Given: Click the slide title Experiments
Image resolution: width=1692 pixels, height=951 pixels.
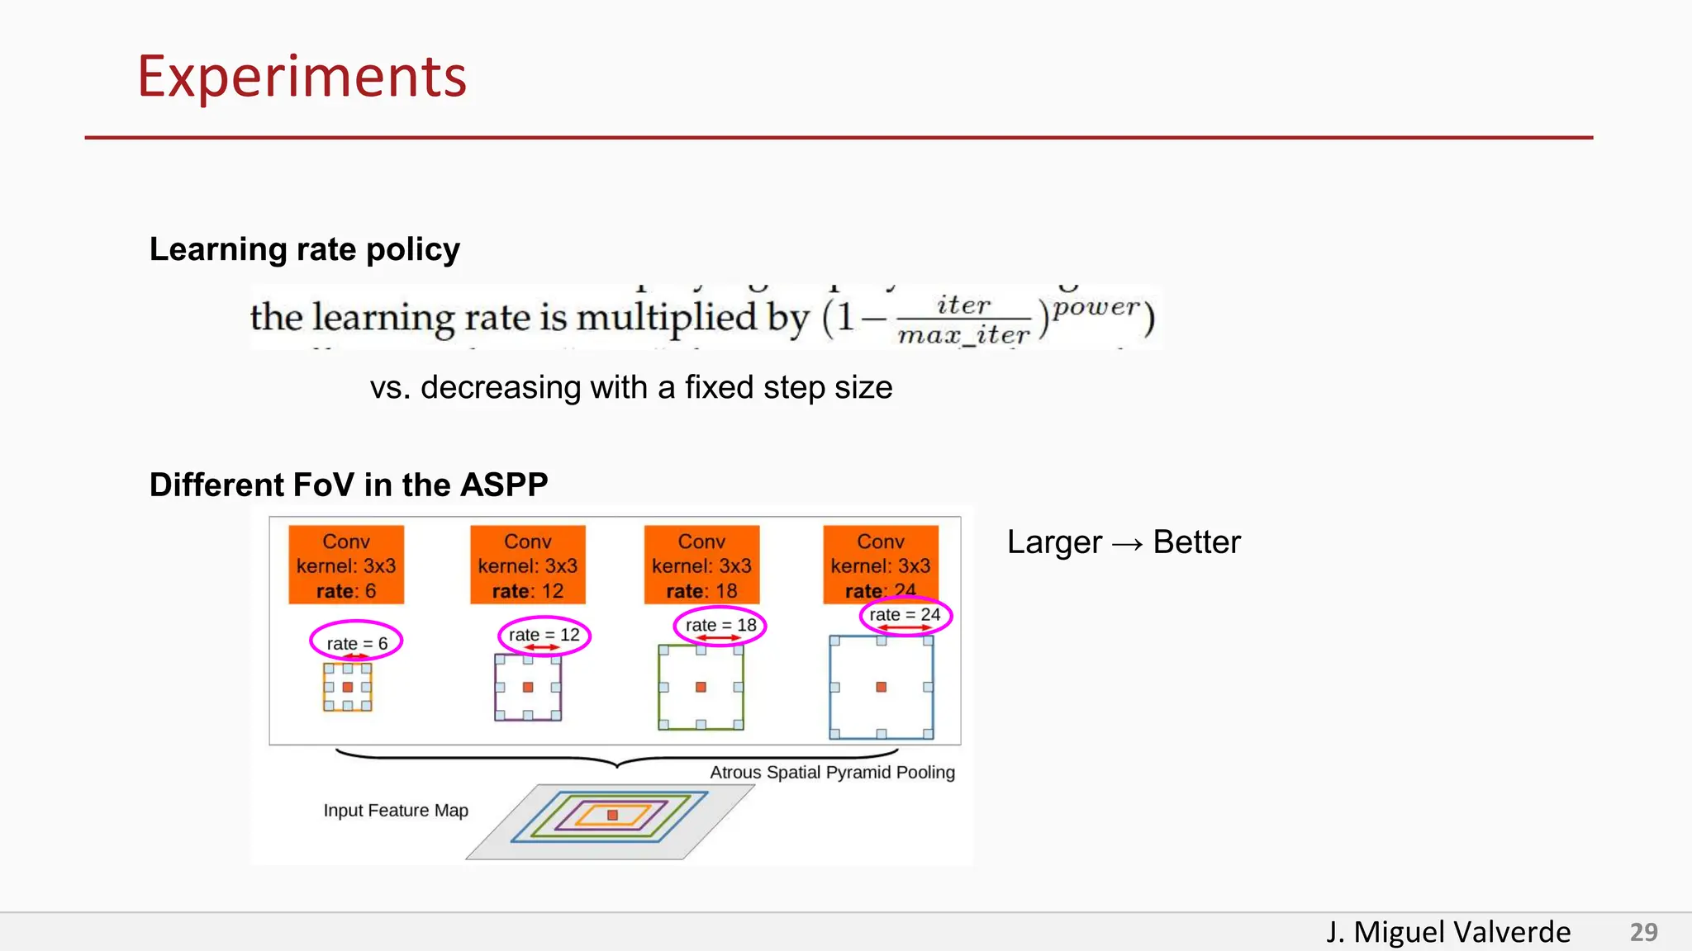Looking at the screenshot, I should [x=302, y=77].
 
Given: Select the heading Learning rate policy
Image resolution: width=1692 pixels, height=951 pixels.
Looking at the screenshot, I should [x=304, y=249].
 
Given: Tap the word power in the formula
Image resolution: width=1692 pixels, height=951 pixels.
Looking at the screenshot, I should [x=1096, y=307].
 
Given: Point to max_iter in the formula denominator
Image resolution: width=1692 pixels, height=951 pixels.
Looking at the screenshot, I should [x=963, y=335].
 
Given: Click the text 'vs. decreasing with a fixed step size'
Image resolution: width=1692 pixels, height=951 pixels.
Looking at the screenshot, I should [x=631, y=387].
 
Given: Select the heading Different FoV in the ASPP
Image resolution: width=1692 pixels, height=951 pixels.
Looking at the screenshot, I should [x=348, y=485].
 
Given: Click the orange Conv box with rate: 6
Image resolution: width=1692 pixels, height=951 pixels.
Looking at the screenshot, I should [x=346, y=565].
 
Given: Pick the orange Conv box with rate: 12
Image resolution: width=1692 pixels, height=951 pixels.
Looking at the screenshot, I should [x=528, y=565].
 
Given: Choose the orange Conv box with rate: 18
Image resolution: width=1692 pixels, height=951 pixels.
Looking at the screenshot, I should [x=701, y=565].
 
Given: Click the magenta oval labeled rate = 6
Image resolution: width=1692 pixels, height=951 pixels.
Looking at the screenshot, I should [x=356, y=641].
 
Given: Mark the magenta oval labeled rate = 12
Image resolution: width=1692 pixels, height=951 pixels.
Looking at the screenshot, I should [x=544, y=636].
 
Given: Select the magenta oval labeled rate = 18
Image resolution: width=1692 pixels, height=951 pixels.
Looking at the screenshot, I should [x=720, y=626].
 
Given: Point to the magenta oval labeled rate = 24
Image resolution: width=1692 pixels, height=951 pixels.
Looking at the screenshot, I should [x=905, y=615].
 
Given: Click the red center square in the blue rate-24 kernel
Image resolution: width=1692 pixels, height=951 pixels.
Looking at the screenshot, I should [x=882, y=687].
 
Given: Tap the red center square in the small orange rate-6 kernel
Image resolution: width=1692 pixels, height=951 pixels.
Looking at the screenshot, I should [x=348, y=687].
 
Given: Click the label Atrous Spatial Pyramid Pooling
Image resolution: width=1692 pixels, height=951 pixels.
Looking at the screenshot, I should [x=832, y=773].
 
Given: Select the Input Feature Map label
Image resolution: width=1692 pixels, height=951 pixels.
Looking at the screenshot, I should [x=396, y=811].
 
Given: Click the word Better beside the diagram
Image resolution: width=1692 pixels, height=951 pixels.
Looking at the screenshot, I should [x=1196, y=542].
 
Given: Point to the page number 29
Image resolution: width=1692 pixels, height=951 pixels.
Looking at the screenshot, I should [x=1643, y=932].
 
